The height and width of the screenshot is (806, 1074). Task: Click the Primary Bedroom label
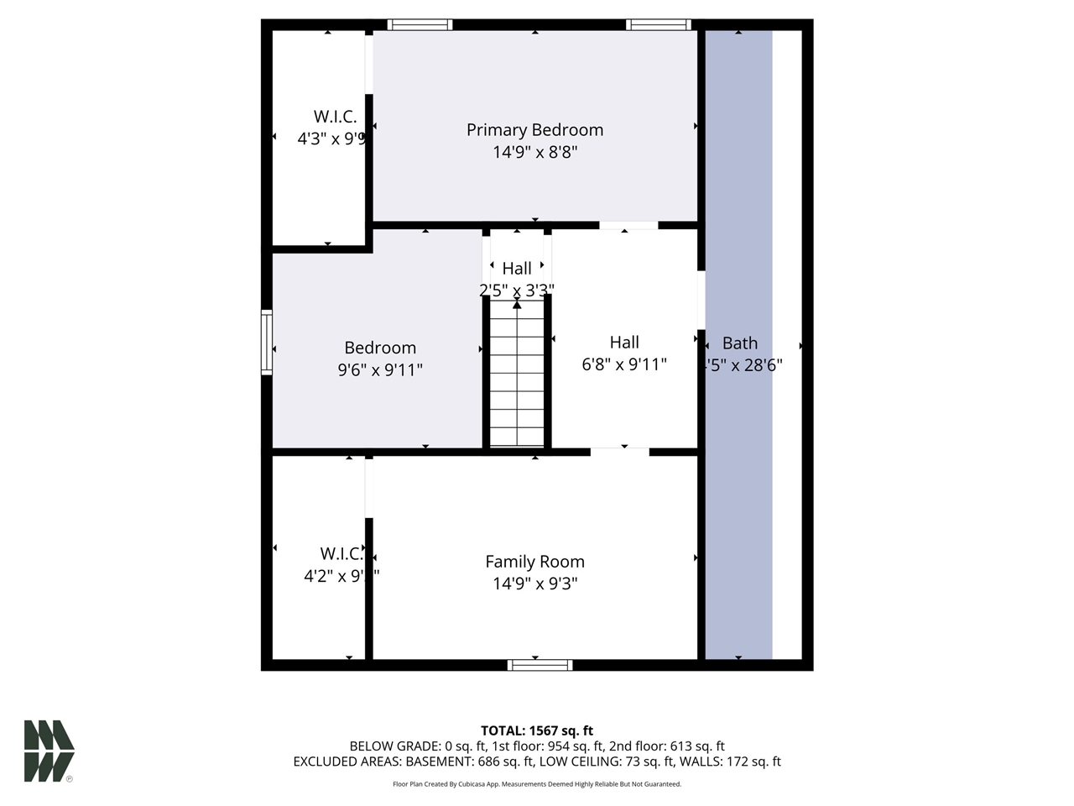coord(534,130)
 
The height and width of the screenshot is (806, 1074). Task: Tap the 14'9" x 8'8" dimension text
coord(534,152)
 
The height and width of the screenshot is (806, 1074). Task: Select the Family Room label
coord(534,562)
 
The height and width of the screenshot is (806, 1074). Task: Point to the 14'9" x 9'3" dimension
coord(534,584)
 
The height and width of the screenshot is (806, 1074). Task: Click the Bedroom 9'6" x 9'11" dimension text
coord(380,369)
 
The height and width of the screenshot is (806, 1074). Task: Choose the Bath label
coord(740,343)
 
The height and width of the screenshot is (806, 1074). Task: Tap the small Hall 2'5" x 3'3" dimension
coord(516,290)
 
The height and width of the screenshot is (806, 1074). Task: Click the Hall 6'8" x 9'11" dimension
coord(624,364)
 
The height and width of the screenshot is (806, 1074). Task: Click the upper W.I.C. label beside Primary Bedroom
coord(335,117)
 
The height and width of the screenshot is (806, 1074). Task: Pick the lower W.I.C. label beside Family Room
coord(341,554)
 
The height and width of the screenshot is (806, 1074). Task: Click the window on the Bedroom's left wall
coord(267,342)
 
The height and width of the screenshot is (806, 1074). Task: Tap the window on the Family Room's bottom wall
coord(540,665)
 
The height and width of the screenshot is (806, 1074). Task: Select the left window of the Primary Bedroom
coord(420,25)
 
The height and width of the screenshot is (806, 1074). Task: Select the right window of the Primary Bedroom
coord(659,25)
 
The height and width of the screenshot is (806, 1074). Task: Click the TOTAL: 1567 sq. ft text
coord(537,730)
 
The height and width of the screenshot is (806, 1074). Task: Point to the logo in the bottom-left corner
coord(49,751)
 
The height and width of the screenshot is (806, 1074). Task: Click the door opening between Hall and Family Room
coord(619,452)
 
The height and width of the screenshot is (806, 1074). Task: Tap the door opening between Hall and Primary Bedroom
coord(628,225)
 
